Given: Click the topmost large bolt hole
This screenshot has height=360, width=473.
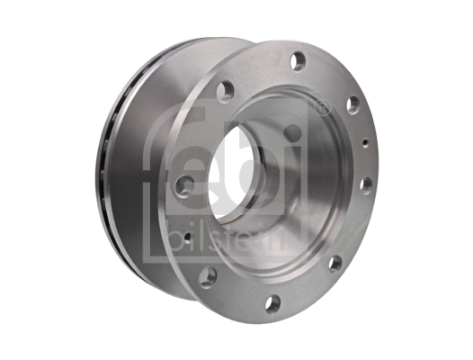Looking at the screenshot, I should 298,61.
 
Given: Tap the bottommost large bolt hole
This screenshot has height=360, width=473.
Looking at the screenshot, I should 272,302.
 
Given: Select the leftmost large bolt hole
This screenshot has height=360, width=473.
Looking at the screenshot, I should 186,185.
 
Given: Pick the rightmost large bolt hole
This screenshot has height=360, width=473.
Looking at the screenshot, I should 366,184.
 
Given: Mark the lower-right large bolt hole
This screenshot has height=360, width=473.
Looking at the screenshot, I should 335,264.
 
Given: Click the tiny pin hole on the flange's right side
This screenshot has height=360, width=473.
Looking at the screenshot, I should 367,141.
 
